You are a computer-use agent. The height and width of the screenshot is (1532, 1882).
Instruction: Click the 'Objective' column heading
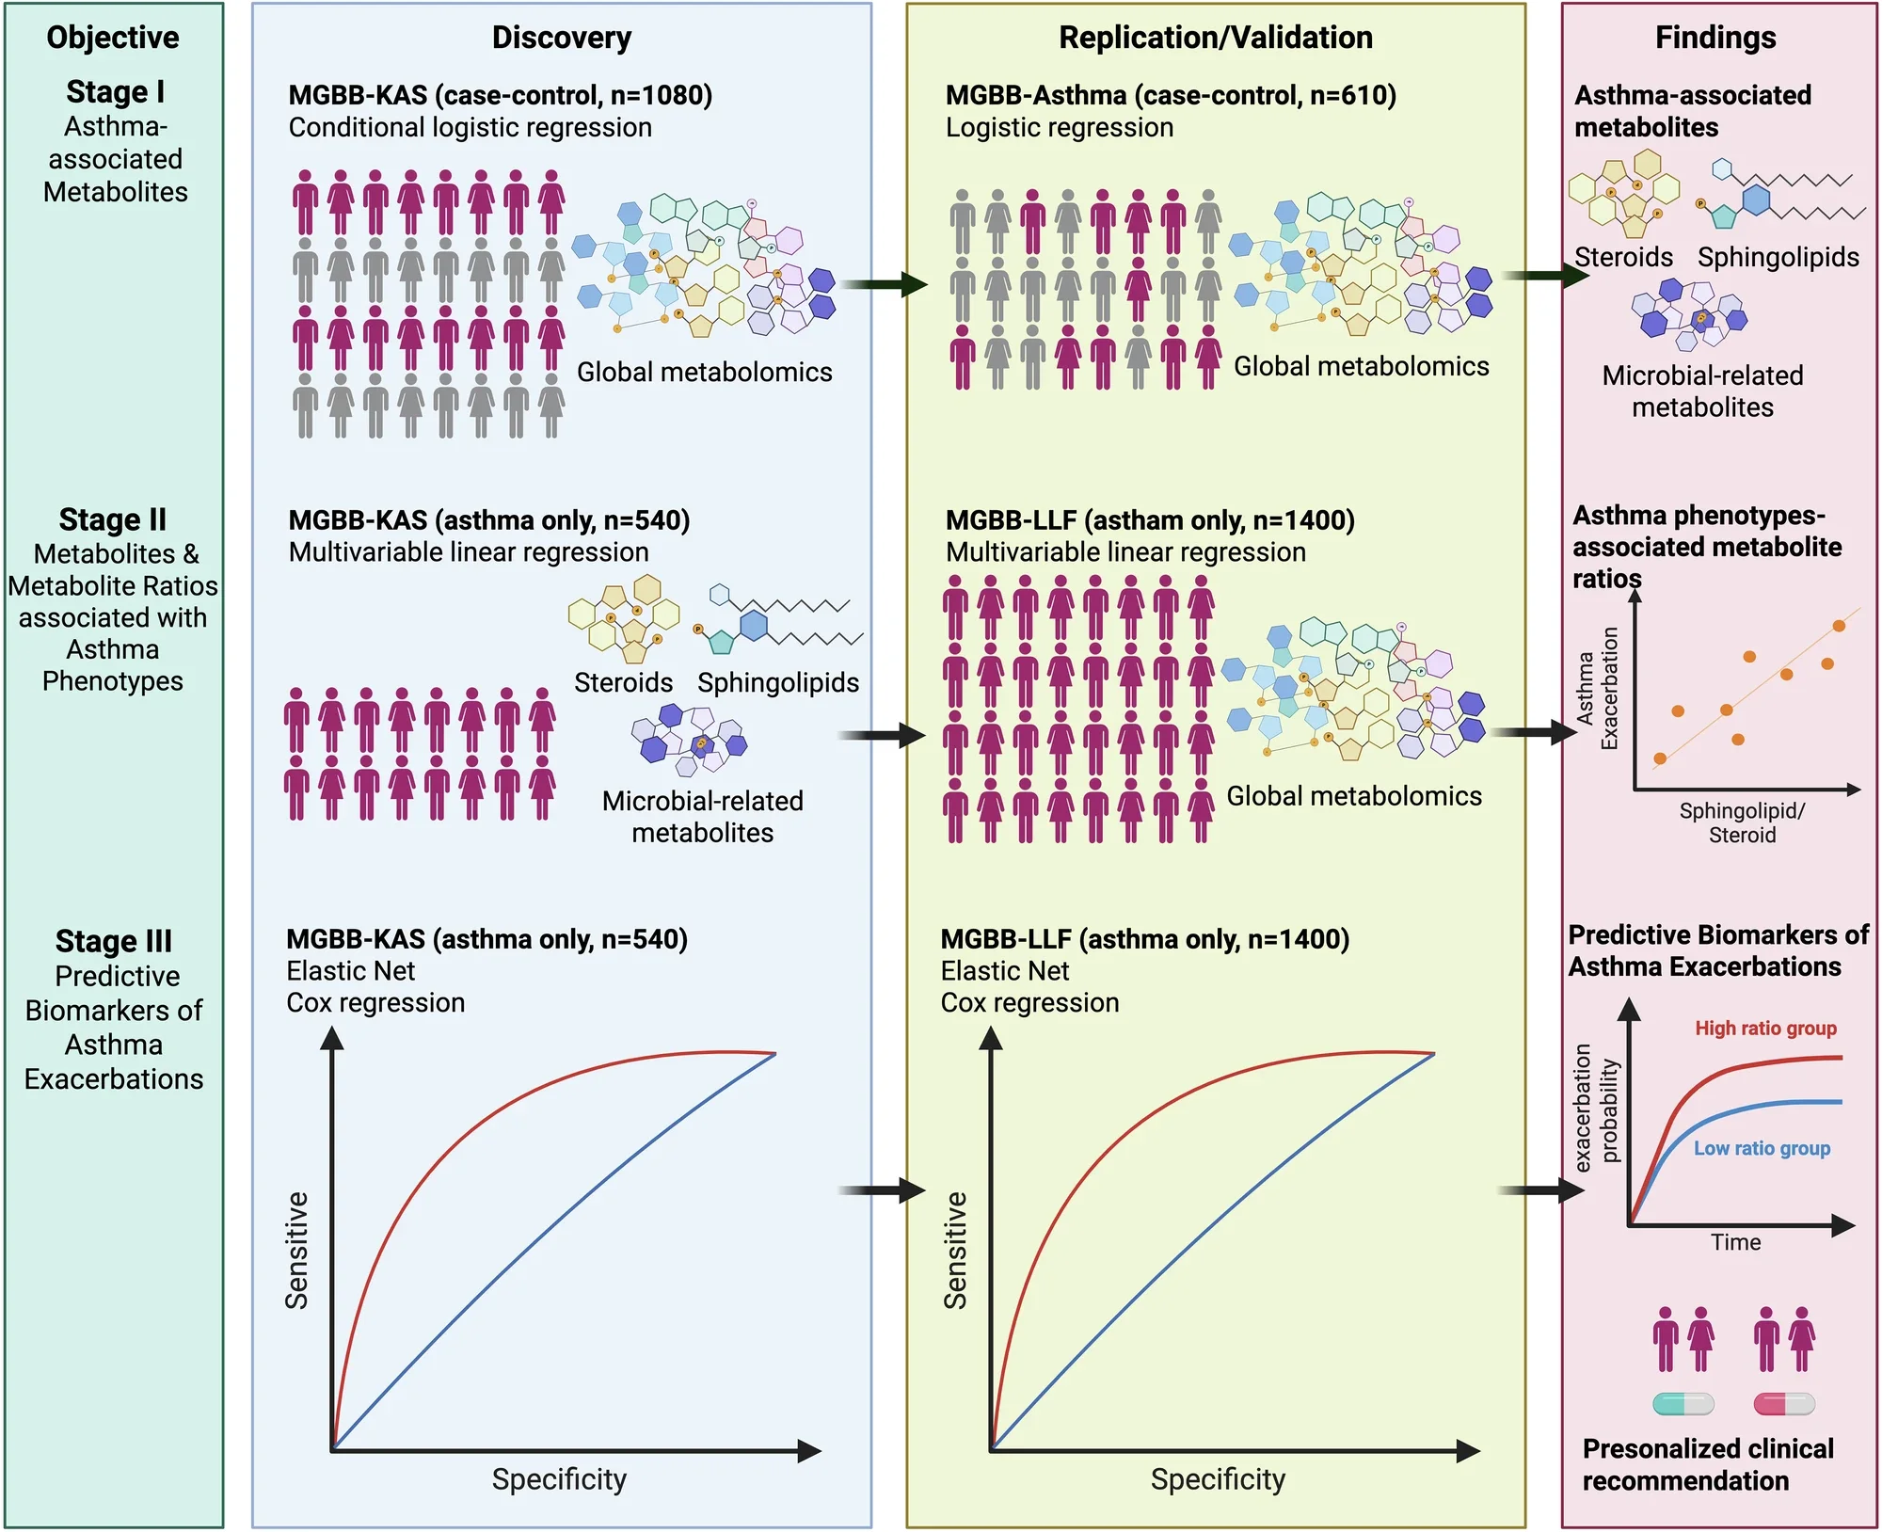pyautogui.click(x=113, y=38)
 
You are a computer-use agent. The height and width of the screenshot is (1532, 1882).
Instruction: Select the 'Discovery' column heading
pyautogui.click(x=562, y=38)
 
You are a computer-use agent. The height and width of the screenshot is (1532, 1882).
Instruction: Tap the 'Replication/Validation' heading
pyautogui.click(x=1216, y=38)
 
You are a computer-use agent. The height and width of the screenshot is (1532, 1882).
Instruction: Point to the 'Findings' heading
pyautogui.click(x=1715, y=38)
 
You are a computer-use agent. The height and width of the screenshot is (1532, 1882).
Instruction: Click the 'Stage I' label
pyautogui.click(x=115, y=92)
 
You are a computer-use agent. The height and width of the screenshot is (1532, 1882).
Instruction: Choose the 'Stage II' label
pyautogui.click(x=113, y=519)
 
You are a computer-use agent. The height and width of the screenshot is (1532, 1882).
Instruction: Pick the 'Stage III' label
pyautogui.click(x=114, y=941)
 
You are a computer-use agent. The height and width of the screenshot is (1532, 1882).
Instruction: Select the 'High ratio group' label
pyautogui.click(x=1765, y=1029)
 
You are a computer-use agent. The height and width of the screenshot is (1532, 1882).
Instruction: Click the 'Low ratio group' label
pyautogui.click(x=1762, y=1148)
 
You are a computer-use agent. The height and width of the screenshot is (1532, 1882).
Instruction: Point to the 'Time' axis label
pyautogui.click(x=1735, y=1242)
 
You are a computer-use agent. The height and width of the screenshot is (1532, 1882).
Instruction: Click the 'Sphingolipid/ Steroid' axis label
pyautogui.click(x=1742, y=822)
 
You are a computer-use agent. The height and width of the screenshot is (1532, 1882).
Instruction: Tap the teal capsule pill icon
pyautogui.click(x=1683, y=1405)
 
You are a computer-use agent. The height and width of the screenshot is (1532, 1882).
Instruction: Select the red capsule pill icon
pyautogui.click(x=1784, y=1405)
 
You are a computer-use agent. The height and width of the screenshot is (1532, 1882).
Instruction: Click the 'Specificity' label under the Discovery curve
pyautogui.click(x=559, y=1479)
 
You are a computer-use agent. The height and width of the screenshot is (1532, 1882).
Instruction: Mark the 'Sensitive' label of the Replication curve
pyautogui.click(x=956, y=1251)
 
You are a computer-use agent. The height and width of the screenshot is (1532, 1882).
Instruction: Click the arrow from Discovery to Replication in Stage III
pyautogui.click(x=882, y=1190)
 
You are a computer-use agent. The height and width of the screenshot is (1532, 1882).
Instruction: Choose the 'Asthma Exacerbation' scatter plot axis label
pyautogui.click(x=1597, y=689)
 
